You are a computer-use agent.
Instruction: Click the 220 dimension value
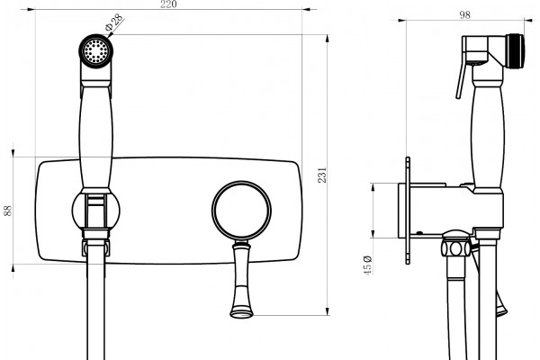point(168,4)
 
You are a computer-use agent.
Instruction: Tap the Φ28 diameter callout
point(114,22)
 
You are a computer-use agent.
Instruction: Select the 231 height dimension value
point(322,175)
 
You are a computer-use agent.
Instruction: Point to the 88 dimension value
point(7,211)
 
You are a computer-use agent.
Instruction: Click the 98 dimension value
point(464,14)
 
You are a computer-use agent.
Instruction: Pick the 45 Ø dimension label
point(367,265)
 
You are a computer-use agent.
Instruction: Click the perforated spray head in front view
point(95,51)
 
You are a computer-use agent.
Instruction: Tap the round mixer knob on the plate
point(241,210)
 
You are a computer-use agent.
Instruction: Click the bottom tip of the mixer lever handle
point(241,317)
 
